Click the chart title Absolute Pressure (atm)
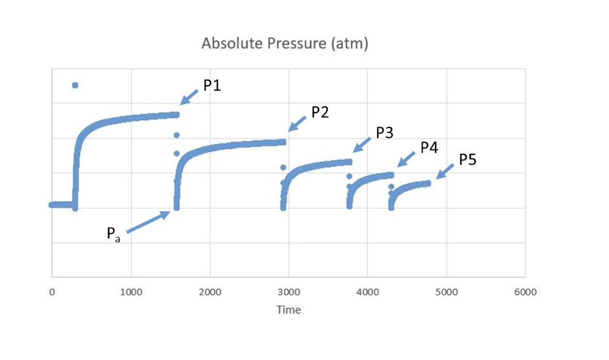click(285, 44)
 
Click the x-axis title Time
click(289, 310)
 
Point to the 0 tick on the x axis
click(52, 292)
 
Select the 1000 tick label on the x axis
click(131, 292)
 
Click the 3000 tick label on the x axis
click(289, 292)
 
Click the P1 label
click(212, 86)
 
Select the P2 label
click(320, 112)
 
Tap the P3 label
click(385, 133)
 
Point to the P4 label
click(429, 148)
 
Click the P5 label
click(467, 160)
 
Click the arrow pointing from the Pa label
click(148, 222)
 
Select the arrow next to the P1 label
click(190, 96)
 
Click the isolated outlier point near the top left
click(75, 85)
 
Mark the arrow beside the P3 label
click(362, 144)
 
